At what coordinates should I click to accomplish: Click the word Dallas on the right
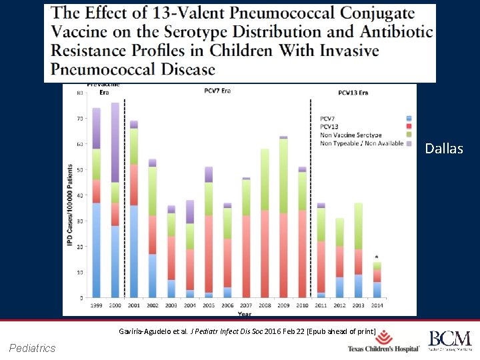coord(444,149)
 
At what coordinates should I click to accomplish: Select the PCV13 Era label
coord(353,93)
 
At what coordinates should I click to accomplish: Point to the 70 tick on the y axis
coord(81,119)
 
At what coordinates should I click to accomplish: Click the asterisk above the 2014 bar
coord(377,257)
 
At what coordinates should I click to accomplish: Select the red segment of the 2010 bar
coord(303,253)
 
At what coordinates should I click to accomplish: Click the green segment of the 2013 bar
coord(359,227)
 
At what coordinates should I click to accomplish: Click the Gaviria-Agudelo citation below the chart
coord(247,331)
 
